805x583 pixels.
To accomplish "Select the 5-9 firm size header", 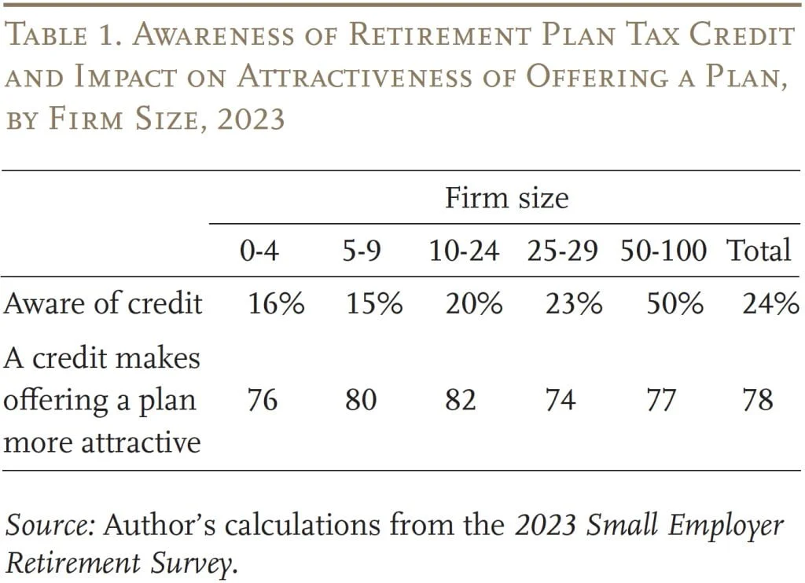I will pyautogui.click(x=361, y=251).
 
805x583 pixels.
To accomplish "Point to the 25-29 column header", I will pyautogui.click(x=563, y=251).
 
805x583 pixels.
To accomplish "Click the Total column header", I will pyautogui.click(x=758, y=251).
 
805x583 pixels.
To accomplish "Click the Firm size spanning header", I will pyautogui.click(x=506, y=197).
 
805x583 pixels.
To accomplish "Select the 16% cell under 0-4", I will pyautogui.click(x=276, y=304).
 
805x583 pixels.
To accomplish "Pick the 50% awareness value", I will pyautogui.click(x=675, y=304).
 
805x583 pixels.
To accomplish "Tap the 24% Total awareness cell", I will pyautogui.click(x=770, y=304).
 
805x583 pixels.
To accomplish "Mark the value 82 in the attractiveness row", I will pyautogui.click(x=461, y=400).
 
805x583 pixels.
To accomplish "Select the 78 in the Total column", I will pyautogui.click(x=758, y=400).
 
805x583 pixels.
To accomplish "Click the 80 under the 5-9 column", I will pyautogui.click(x=361, y=400).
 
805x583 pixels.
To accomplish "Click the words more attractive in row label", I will pyautogui.click(x=102, y=442).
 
